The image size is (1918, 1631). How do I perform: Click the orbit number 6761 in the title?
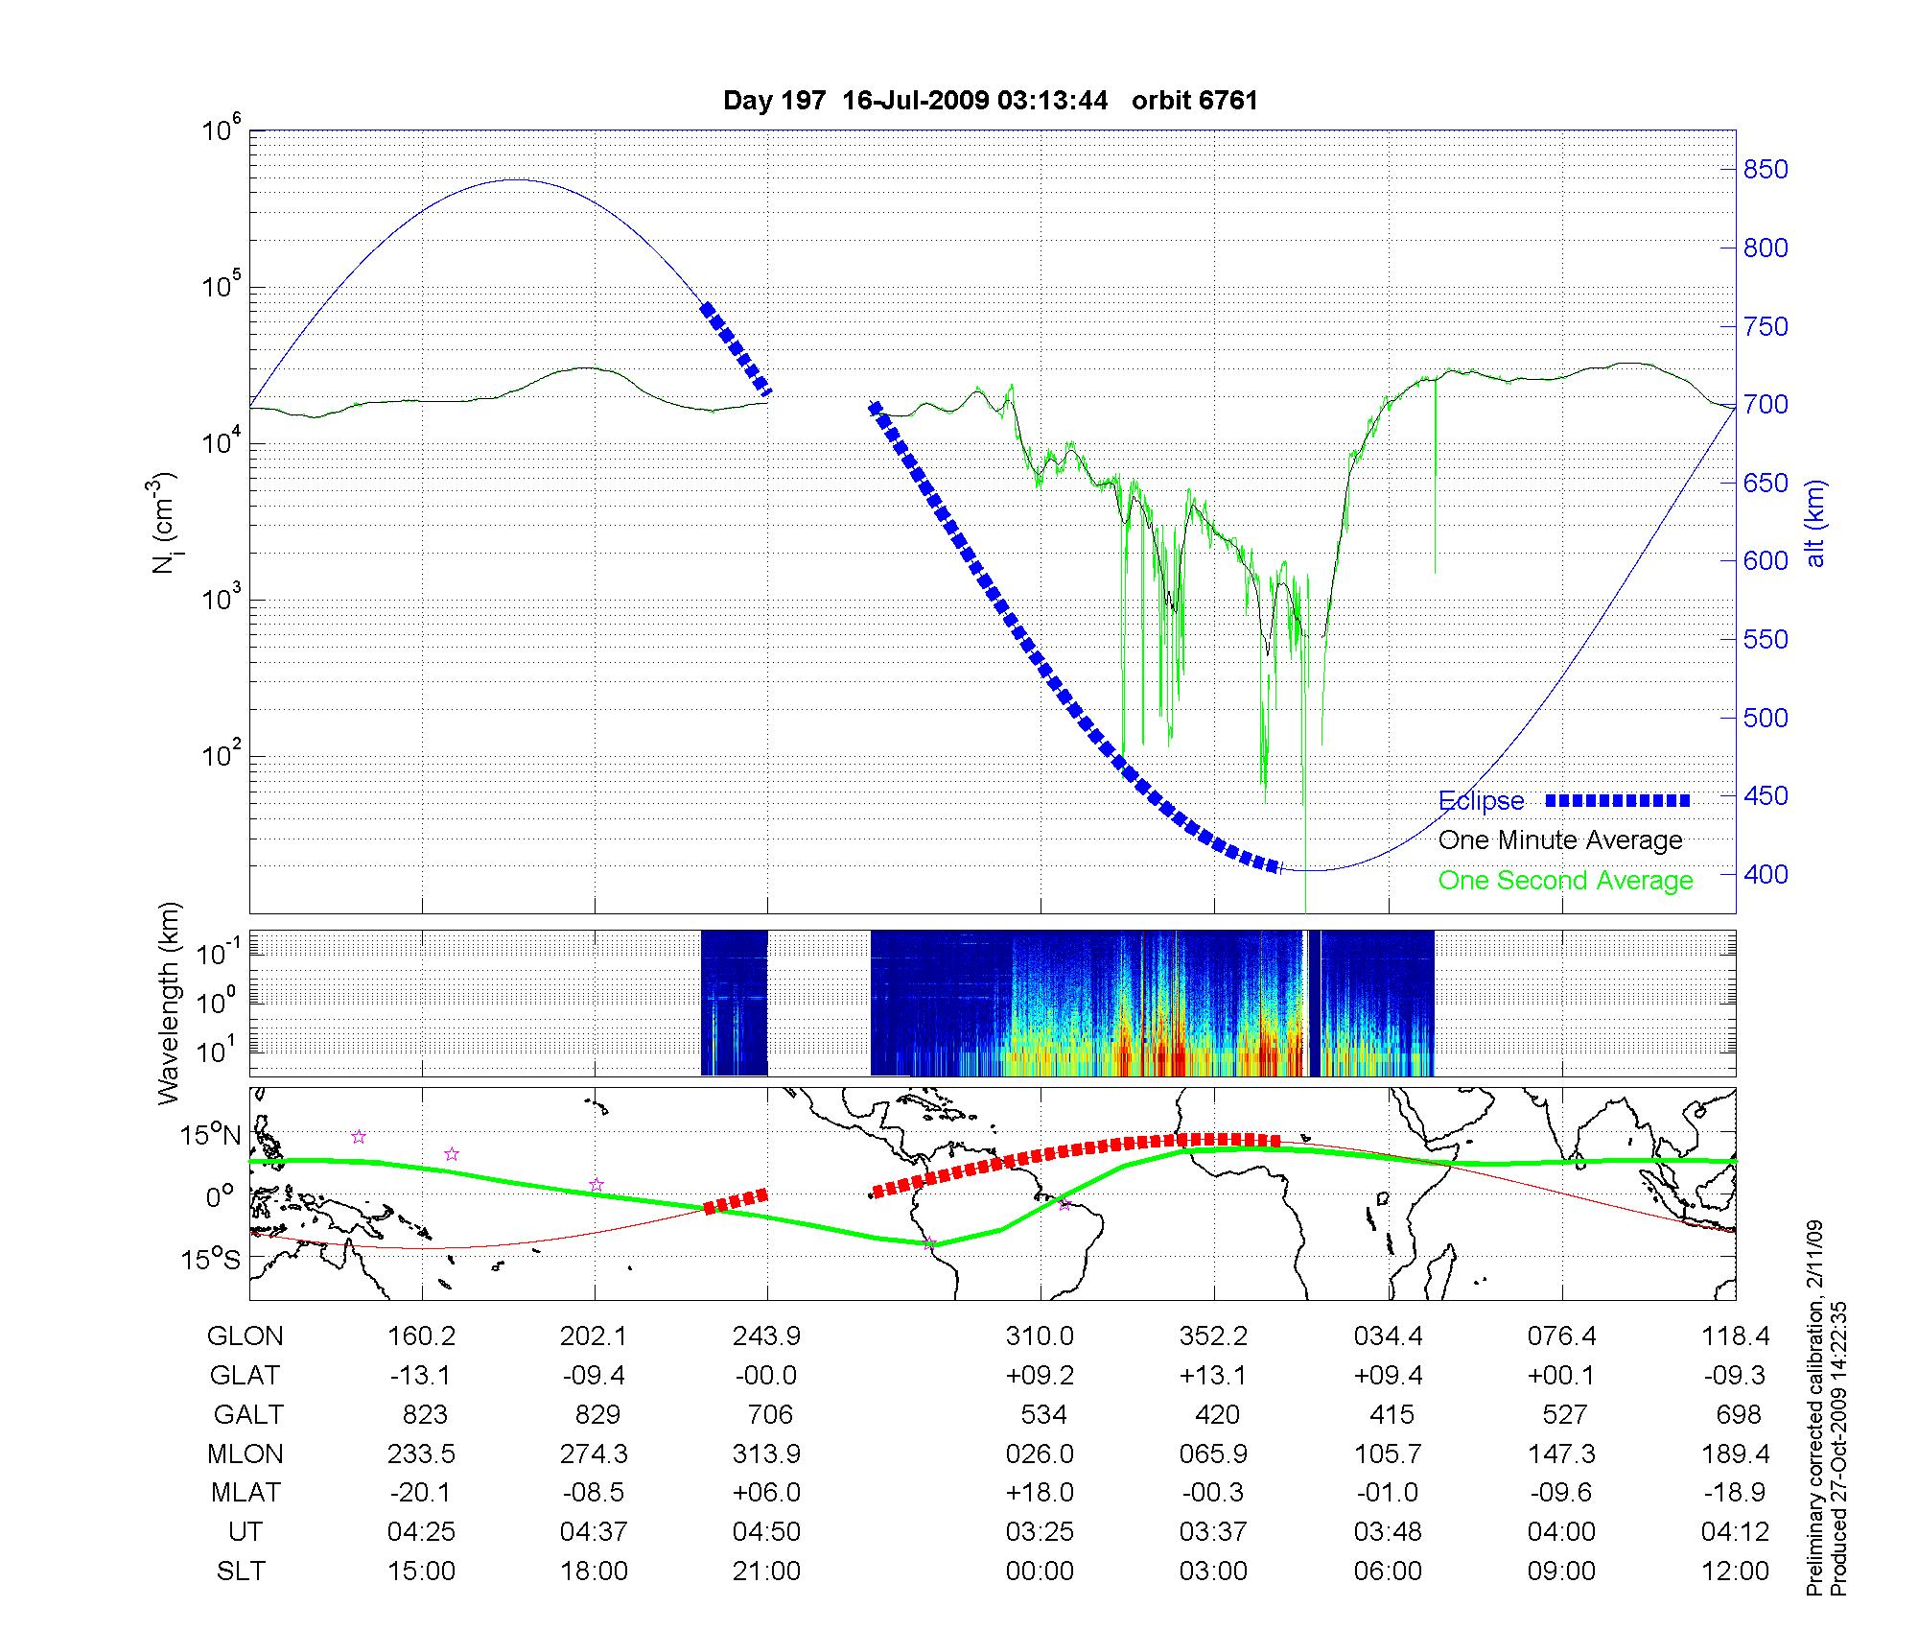(1194, 101)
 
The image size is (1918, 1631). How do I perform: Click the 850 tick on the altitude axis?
(1766, 170)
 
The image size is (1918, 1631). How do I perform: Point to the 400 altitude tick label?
(1766, 874)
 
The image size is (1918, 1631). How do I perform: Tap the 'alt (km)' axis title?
(1816, 523)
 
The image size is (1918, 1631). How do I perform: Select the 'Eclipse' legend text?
(1481, 801)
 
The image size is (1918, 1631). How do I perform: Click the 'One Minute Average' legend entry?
(1560, 840)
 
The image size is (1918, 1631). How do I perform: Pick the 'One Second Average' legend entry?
(1565, 881)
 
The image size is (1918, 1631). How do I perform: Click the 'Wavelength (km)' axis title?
(170, 1003)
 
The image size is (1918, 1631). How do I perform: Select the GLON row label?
(246, 1336)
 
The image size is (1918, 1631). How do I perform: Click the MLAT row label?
(246, 1493)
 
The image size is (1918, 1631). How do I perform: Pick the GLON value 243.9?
(766, 1336)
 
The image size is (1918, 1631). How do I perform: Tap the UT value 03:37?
(1213, 1532)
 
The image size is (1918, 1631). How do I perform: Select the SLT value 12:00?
(1735, 1572)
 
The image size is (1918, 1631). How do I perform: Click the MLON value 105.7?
(1388, 1454)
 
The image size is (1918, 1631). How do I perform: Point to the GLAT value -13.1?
(421, 1376)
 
